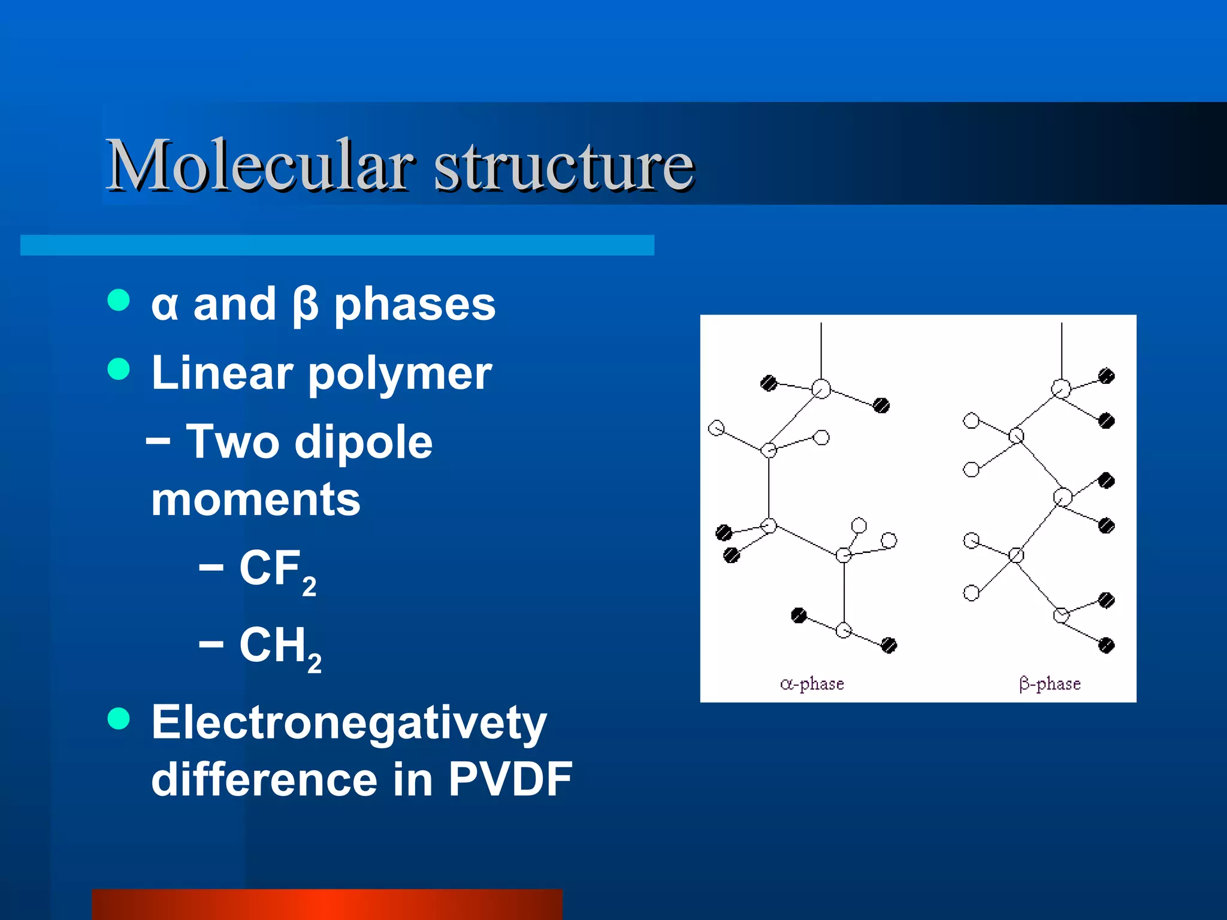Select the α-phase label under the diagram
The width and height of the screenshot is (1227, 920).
click(812, 684)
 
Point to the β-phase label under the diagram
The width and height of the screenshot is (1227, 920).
click(1050, 684)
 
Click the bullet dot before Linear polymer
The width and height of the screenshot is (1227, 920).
click(119, 369)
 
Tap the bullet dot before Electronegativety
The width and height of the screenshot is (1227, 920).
click(119, 718)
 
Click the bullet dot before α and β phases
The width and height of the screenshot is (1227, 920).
click(119, 300)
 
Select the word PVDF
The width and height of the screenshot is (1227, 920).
click(510, 779)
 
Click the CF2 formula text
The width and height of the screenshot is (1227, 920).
click(277, 570)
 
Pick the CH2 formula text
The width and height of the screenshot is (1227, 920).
click(280, 647)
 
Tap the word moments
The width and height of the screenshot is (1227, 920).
click(256, 500)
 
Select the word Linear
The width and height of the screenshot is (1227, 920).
click(222, 373)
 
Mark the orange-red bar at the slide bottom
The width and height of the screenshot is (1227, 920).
click(327, 904)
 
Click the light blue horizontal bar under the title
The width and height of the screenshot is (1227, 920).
click(337, 245)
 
